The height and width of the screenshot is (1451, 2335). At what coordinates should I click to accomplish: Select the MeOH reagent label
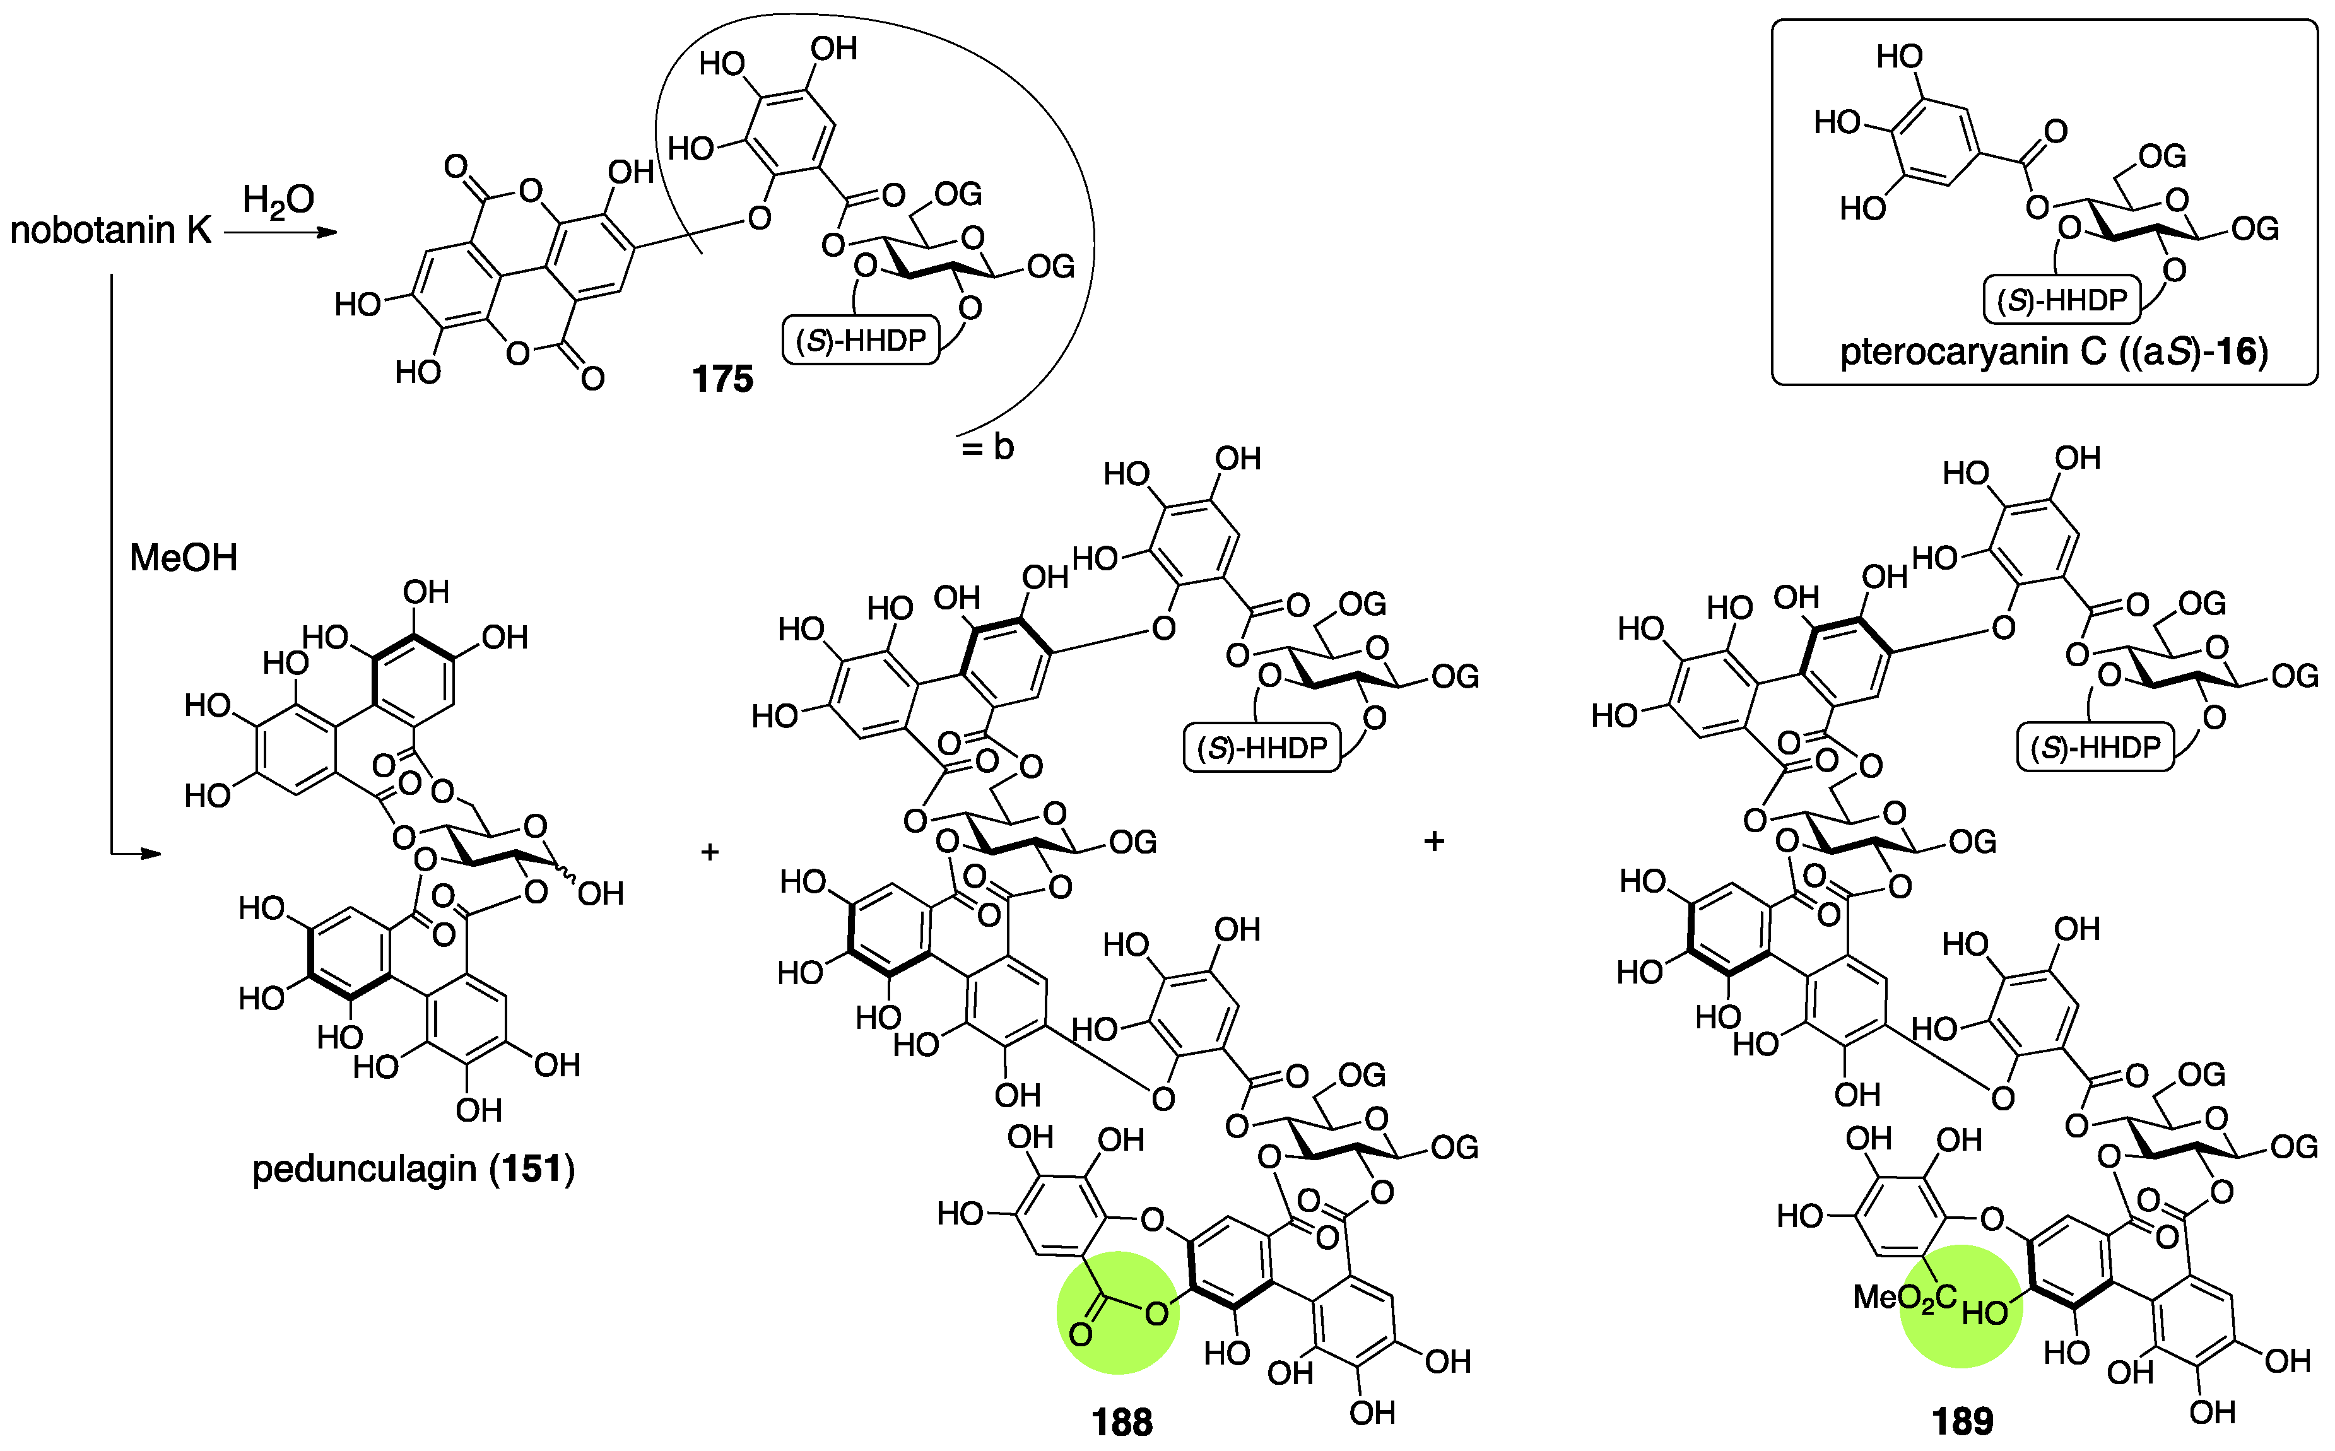pos(184,558)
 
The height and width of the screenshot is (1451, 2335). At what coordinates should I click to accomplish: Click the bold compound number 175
pos(722,379)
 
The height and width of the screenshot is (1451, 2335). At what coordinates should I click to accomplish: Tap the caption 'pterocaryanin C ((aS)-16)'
pos(2054,352)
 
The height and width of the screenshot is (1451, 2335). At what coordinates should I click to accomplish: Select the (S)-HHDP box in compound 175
pos(861,339)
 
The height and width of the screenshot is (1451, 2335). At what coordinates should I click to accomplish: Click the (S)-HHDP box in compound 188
pos(1262,748)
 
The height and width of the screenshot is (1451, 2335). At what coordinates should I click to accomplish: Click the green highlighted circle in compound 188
pos(1118,1312)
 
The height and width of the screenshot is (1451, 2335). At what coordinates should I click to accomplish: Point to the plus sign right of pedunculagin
pos(710,851)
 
